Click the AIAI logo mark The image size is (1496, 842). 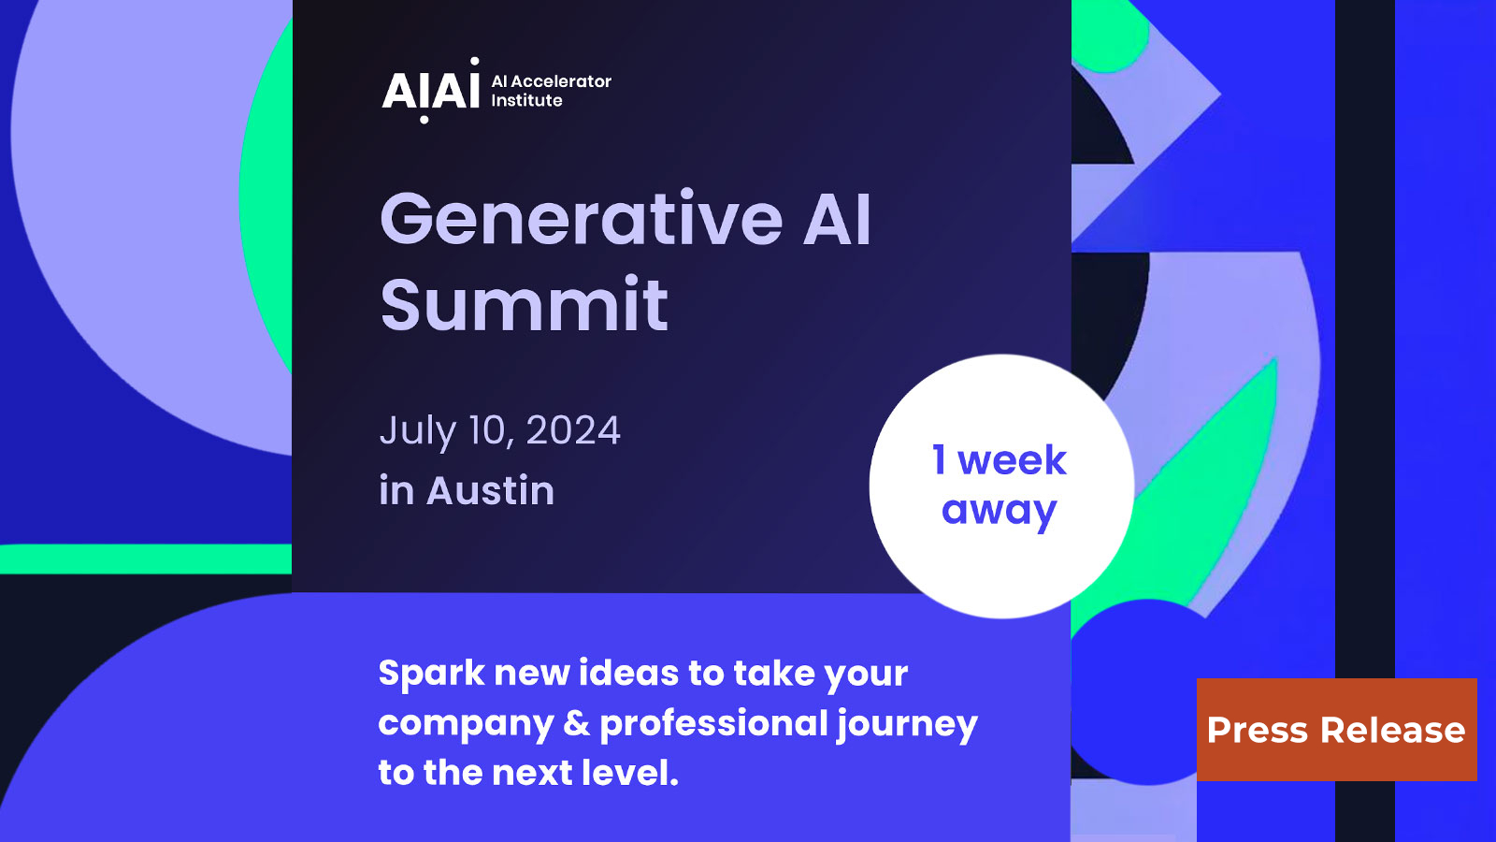[x=430, y=91]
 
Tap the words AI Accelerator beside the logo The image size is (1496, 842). [x=552, y=81]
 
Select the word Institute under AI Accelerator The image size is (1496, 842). [x=526, y=100]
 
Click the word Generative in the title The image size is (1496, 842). [x=581, y=220]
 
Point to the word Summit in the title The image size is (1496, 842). [x=524, y=305]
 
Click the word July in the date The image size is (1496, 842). [x=417, y=431]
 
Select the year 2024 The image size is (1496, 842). [x=573, y=430]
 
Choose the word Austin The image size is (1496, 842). [x=490, y=490]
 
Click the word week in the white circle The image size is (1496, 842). [x=1012, y=460]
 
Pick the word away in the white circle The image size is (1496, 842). [x=999, y=511]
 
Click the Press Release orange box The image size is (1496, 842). [x=1336, y=730]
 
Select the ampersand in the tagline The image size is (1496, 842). [x=577, y=723]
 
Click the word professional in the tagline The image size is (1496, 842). [x=713, y=723]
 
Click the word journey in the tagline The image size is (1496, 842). [x=907, y=724]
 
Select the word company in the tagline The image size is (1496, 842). [x=466, y=724]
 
